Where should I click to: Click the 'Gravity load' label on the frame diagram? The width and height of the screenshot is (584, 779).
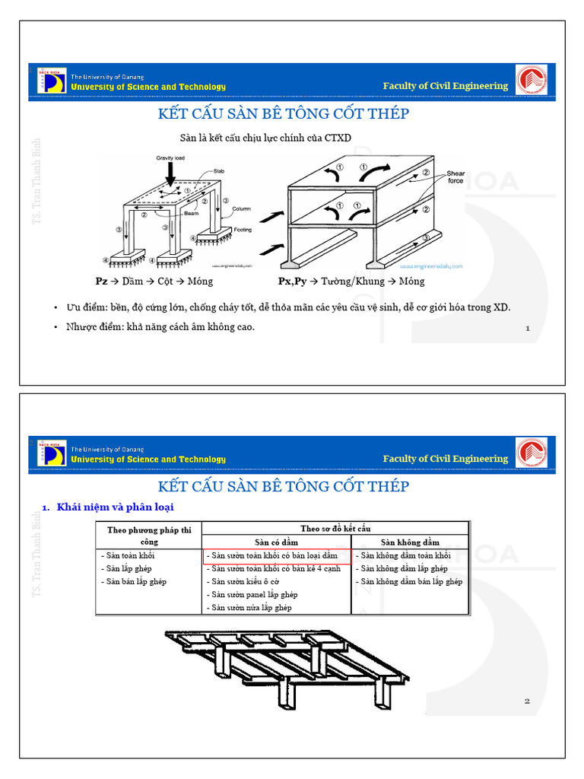click(x=170, y=157)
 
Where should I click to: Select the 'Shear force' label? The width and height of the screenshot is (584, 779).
click(x=455, y=177)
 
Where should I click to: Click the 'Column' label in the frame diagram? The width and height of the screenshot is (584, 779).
click(x=241, y=208)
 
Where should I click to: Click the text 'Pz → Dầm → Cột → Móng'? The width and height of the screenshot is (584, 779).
click(x=154, y=281)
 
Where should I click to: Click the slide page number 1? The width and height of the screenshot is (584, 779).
click(x=527, y=329)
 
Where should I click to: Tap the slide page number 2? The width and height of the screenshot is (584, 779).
click(x=527, y=701)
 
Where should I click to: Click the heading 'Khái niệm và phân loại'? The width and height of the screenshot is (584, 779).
click(x=119, y=507)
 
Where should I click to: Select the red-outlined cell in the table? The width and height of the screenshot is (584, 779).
click(x=277, y=556)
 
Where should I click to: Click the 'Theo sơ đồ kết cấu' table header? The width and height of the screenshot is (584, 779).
click(x=335, y=529)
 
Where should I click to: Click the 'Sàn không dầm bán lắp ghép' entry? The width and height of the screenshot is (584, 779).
click(x=409, y=582)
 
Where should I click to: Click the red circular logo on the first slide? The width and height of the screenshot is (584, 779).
click(x=531, y=80)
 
